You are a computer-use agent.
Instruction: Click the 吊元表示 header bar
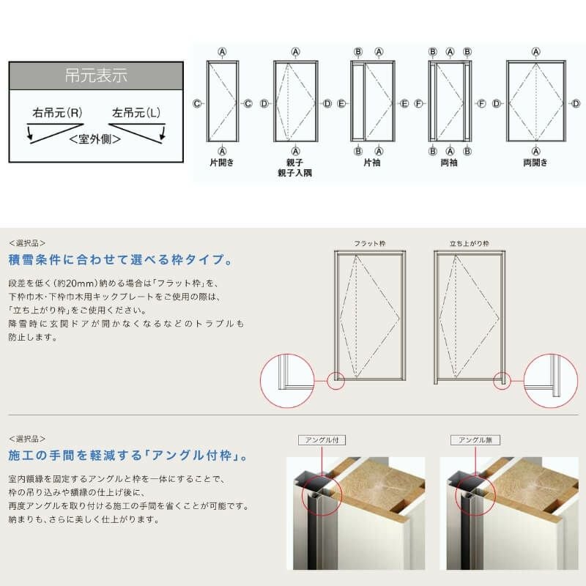[x=95, y=75]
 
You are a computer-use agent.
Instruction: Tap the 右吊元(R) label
[x=57, y=114]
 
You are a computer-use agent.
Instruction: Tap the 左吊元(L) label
[x=136, y=114]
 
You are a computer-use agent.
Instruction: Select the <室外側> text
[x=95, y=138]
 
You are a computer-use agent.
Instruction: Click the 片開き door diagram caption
[x=221, y=163]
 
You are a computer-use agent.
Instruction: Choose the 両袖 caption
[x=449, y=163]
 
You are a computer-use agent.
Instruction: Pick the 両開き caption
[x=536, y=163]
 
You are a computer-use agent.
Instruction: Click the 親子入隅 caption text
[x=295, y=173]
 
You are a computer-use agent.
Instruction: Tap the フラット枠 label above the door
[x=369, y=242]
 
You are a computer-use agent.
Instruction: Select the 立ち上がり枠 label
[x=470, y=242]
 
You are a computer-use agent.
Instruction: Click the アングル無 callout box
[x=475, y=440]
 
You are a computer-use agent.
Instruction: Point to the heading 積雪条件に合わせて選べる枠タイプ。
[x=121, y=260]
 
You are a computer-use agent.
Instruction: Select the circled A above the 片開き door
[x=221, y=51]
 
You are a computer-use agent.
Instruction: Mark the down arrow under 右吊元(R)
[x=29, y=134]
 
